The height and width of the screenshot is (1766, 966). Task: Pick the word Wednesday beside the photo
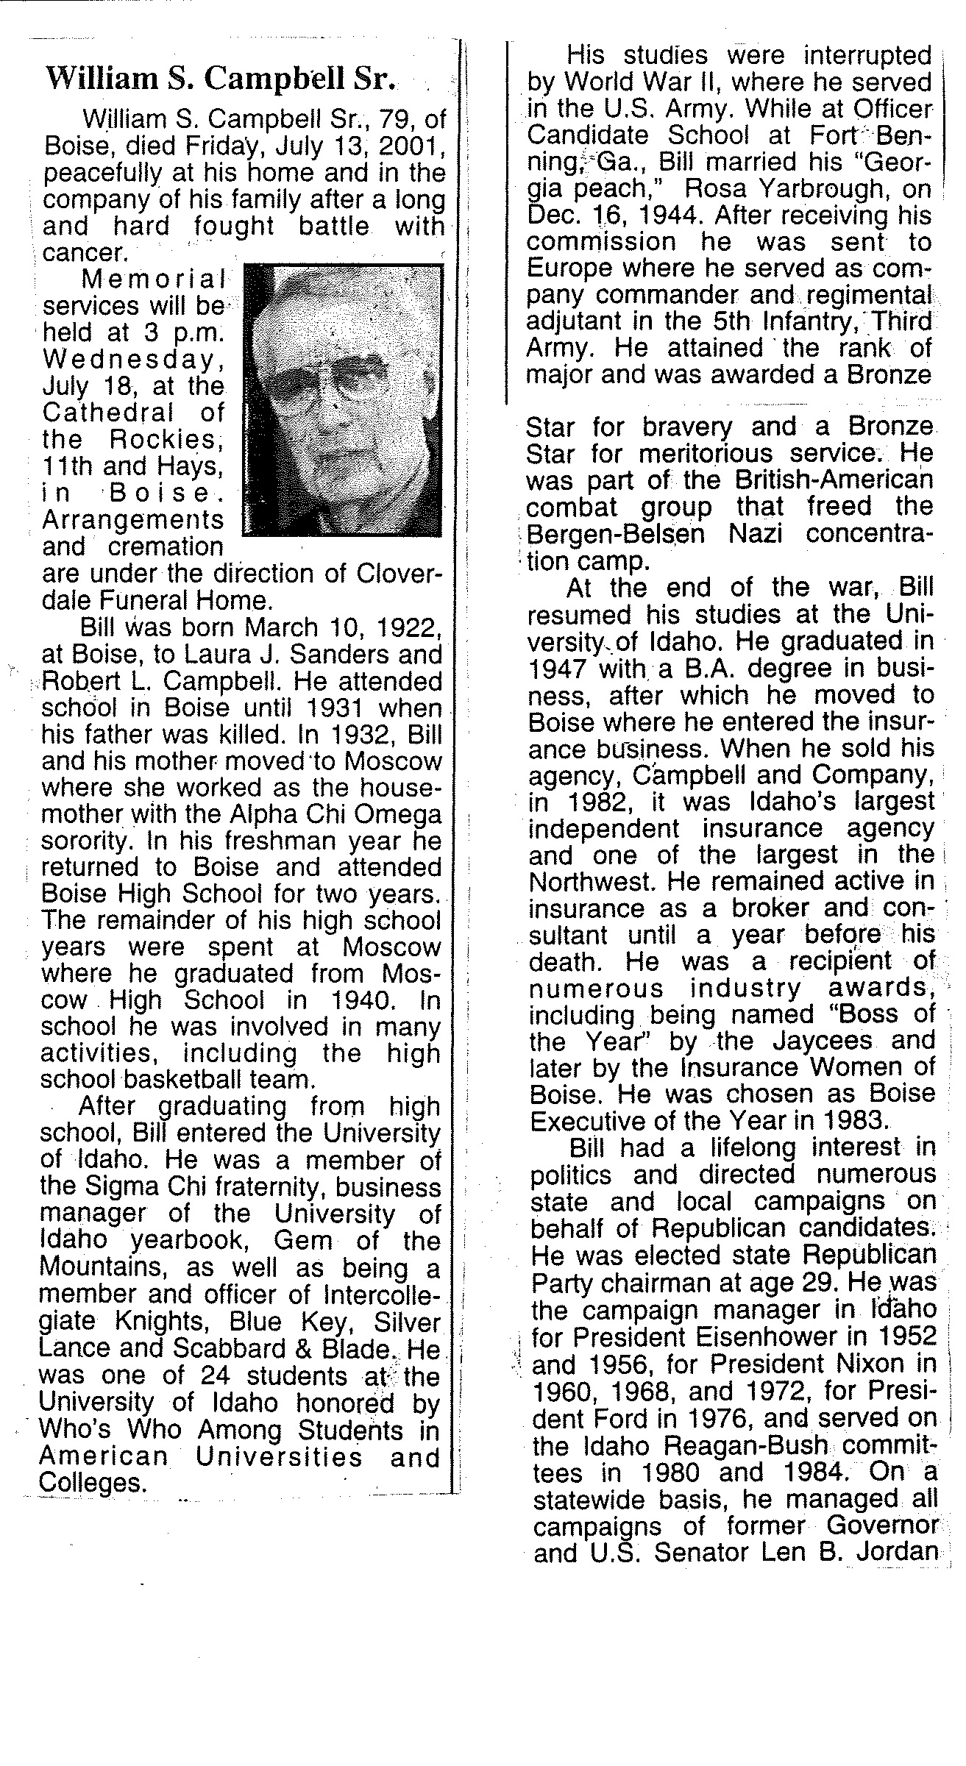click(132, 360)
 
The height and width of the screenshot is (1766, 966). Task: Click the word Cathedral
click(109, 413)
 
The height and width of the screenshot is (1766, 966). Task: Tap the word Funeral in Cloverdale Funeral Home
click(155, 600)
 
